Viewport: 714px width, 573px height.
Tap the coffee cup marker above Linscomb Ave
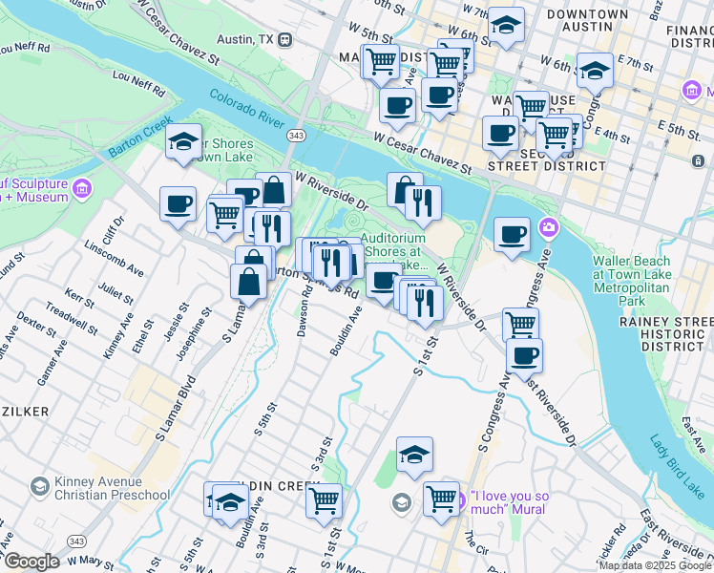[x=178, y=205]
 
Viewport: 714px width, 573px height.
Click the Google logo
[x=31, y=562]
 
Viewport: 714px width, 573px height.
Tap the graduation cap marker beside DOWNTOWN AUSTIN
[x=507, y=26]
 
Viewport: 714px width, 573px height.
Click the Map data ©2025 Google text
[x=655, y=565]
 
